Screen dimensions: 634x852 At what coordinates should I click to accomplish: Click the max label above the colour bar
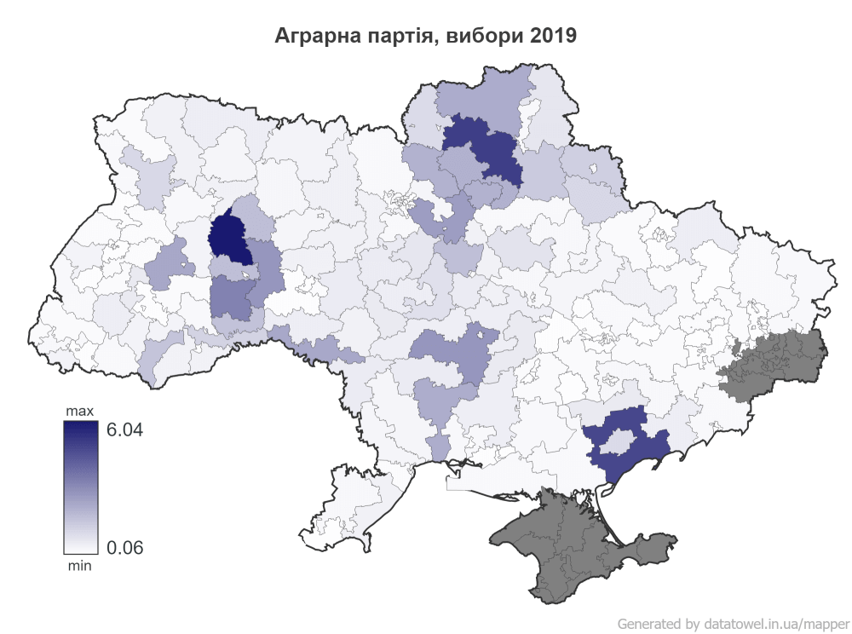point(80,412)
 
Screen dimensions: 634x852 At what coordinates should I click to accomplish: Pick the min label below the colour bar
point(80,564)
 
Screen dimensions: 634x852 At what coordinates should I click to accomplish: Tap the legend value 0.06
point(124,547)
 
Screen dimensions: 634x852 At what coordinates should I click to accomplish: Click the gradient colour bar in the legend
point(80,487)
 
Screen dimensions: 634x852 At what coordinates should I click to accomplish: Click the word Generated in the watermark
point(647,623)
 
